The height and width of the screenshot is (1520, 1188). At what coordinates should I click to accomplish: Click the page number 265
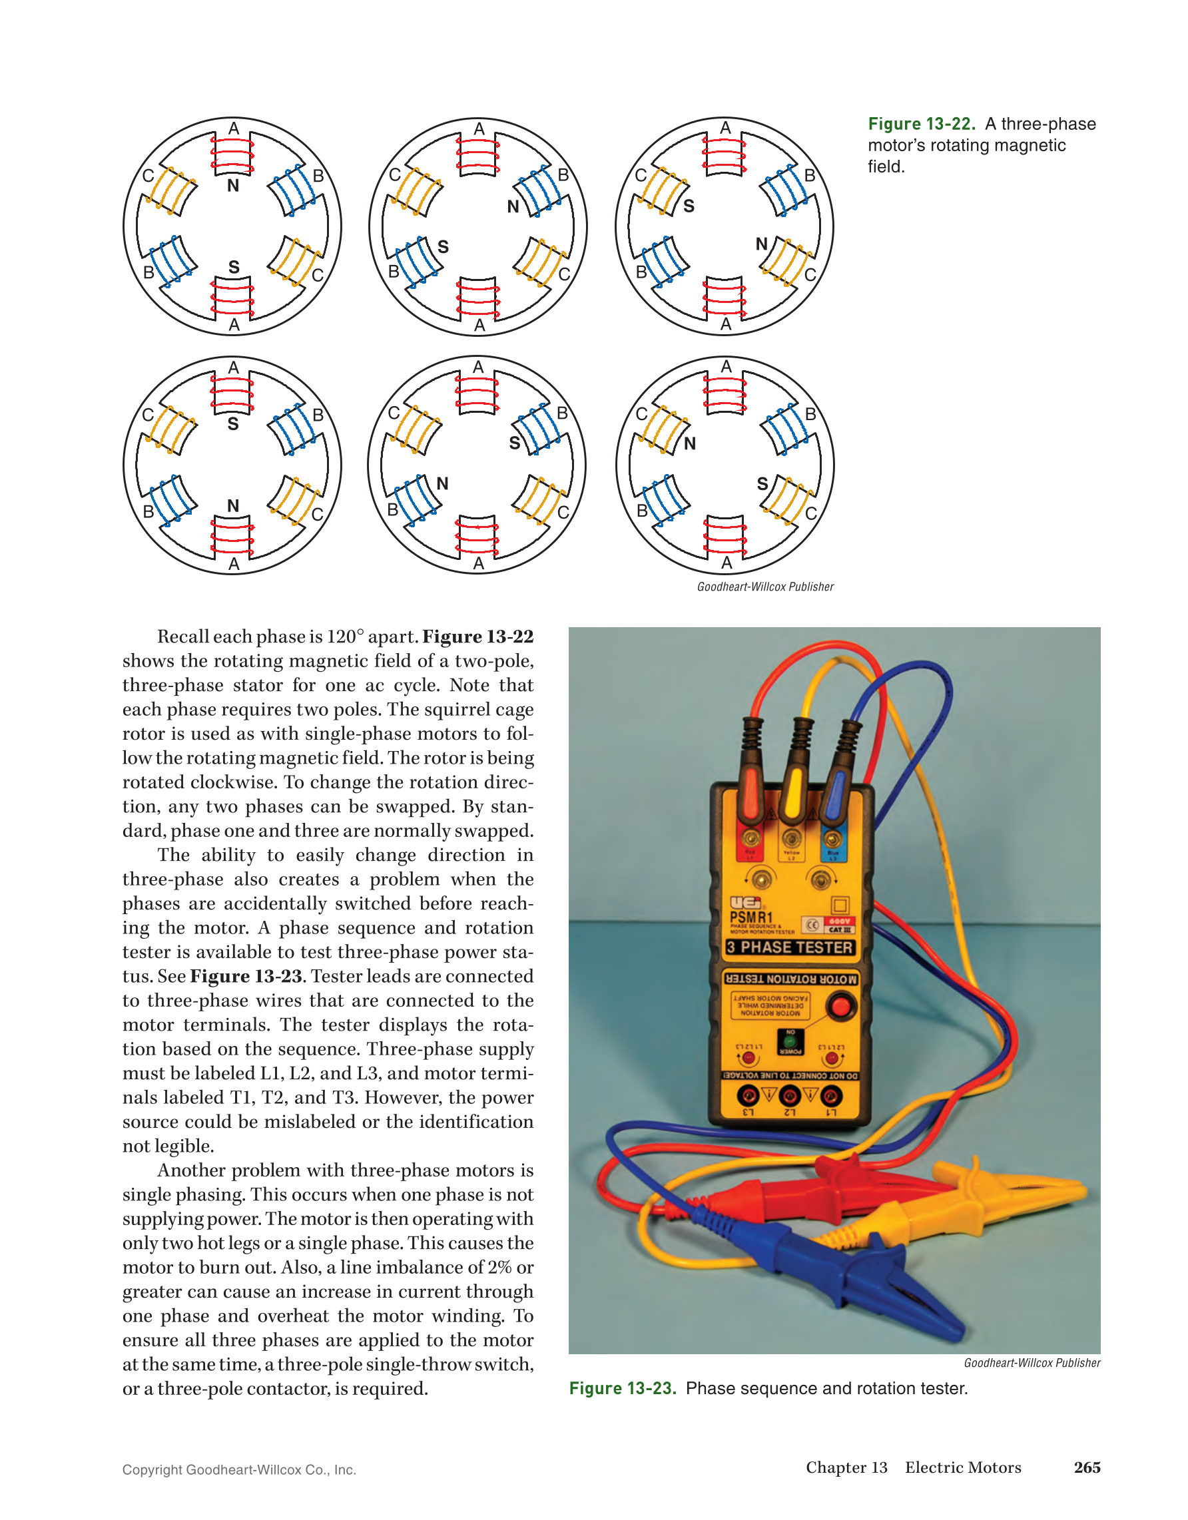pos(1086,1467)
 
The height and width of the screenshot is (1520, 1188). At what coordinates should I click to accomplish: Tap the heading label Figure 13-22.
pos(921,124)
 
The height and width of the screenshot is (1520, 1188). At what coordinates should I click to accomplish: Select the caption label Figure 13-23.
pos(622,1388)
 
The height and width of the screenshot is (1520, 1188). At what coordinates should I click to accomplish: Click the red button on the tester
pos(840,1007)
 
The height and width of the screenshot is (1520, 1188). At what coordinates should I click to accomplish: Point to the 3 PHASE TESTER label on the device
pos(789,947)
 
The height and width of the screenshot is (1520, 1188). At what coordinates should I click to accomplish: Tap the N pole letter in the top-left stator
pos(233,186)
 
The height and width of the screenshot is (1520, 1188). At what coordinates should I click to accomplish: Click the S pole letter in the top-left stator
pos(234,267)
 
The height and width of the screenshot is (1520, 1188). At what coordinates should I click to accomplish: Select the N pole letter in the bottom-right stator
pos(690,443)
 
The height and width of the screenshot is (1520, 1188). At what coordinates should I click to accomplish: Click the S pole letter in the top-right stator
pos(689,206)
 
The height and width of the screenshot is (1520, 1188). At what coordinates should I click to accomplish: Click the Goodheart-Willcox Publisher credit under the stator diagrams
pos(765,587)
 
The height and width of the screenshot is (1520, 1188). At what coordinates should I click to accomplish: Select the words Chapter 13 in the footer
pos(846,1467)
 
